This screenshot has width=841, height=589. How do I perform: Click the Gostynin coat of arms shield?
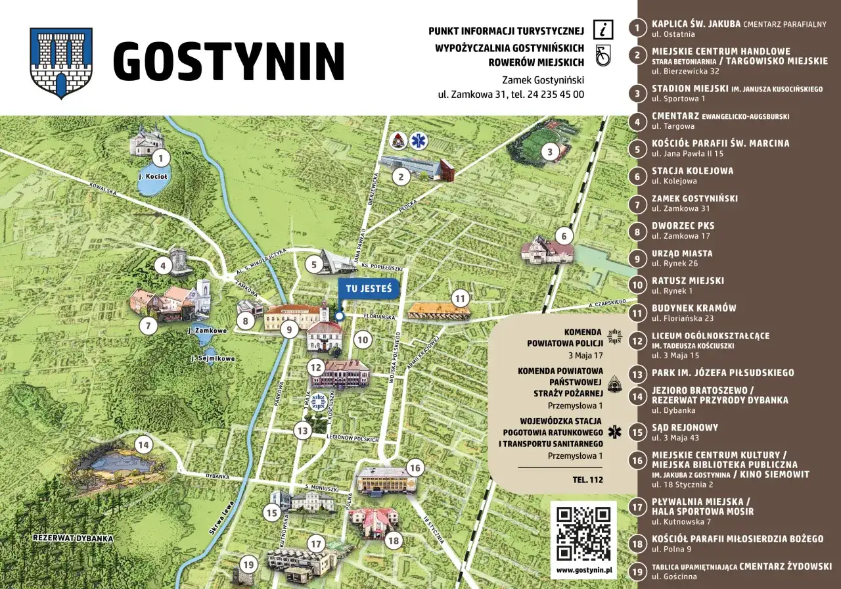(x=61, y=63)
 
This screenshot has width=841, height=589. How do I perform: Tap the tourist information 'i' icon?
(x=602, y=30)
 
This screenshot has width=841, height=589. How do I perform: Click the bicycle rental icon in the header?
(x=602, y=55)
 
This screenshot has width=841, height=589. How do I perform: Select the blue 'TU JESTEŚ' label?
(x=369, y=289)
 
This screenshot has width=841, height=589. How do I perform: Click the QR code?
(x=583, y=533)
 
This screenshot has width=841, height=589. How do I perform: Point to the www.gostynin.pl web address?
(x=583, y=571)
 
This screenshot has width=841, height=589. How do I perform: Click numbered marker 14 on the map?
(x=143, y=445)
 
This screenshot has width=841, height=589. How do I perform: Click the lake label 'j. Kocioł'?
(x=153, y=176)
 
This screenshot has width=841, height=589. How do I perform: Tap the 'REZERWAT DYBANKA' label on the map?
(x=73, y=538)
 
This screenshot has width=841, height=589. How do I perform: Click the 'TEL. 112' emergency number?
(x=587, y=479)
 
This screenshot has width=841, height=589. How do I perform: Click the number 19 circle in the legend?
(x=637, y=571)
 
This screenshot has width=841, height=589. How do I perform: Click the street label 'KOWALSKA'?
(x=102, y=189)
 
